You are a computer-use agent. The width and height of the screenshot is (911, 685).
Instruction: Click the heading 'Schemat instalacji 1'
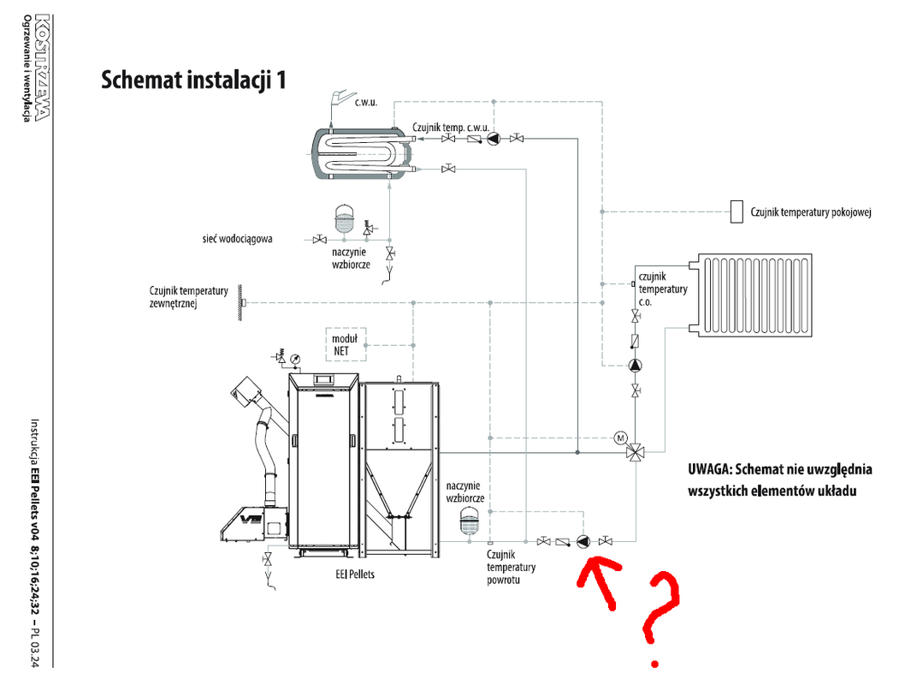tap(193, 80)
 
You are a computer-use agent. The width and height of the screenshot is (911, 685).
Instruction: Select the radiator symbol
tap(754, 295)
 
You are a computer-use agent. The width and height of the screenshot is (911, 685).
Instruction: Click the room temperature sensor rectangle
tap(736, 211)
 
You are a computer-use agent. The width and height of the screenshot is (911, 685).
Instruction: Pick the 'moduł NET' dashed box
tap(346, 345)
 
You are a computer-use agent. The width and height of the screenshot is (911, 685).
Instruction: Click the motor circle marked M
tap(620, 438)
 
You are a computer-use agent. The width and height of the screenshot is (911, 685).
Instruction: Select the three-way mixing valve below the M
tap(636, 452)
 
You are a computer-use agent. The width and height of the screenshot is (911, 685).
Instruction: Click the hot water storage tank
tap(361, 154)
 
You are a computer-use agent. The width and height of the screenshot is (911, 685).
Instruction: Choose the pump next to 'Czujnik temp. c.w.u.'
tap(494, 139)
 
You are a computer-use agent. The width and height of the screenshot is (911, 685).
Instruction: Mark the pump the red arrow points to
tap(583, 541)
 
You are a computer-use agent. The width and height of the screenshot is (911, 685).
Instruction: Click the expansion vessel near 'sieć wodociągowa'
tap(345, 218)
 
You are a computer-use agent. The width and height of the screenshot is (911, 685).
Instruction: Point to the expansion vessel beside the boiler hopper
tap(469, 521)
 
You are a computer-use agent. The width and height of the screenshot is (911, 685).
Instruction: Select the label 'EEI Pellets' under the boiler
tap(355, 575)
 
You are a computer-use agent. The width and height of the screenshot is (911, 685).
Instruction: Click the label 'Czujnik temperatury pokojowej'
tap(810, 212)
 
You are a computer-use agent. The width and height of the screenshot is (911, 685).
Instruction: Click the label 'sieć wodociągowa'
tap(237, 239)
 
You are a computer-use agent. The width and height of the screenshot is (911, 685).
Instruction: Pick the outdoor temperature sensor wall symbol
tap(241, 302)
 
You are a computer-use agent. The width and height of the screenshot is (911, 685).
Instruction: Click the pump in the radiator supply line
tap(635, 366)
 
